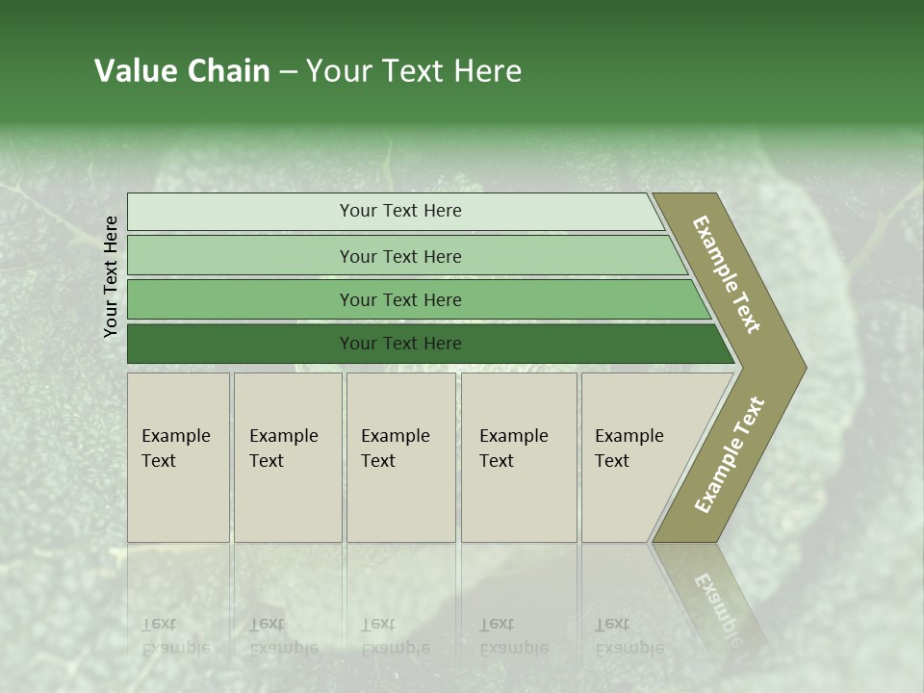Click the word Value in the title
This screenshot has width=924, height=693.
pos(135,71)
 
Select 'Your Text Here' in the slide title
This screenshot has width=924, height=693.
pos(414,71)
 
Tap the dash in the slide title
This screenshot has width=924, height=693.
pos(288,72)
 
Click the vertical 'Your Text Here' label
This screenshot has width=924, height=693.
pos(111,276)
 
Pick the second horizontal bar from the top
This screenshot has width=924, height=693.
pos(399,256)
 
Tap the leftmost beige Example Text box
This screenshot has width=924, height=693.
pos(178,456)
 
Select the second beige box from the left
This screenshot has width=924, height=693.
pos(288,456)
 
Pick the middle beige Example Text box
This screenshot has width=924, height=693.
pos(400,456)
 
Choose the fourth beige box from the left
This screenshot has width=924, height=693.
pos(519,456)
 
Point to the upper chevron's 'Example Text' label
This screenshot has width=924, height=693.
pos(727,274)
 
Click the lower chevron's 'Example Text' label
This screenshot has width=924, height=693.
pos(730,454)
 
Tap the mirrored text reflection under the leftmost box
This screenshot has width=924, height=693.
pos(175,636)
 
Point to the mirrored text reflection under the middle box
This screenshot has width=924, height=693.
pos(395,636)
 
